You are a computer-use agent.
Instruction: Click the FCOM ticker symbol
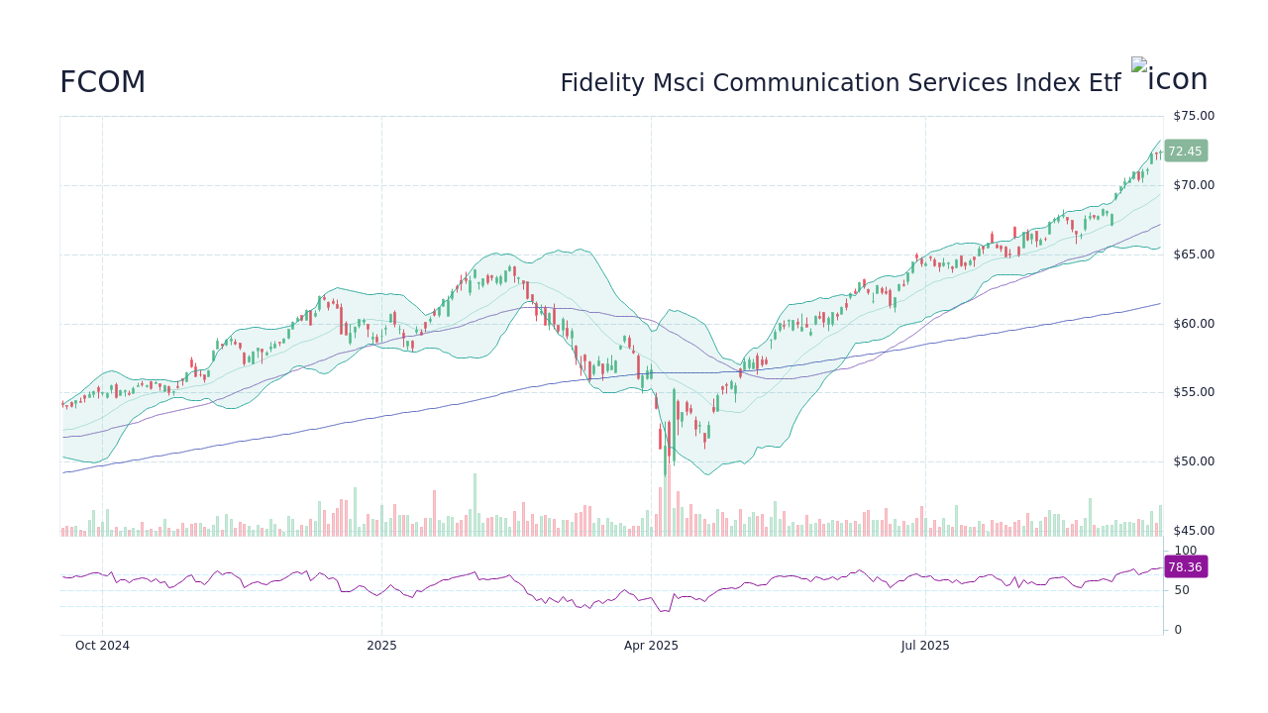pyautogui.click(x=102, y=83)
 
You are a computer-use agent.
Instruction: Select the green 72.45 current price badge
pyautogui.click(x=1185, y=152)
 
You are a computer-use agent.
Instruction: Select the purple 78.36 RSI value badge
pyautogui.click(x=1185, y=567)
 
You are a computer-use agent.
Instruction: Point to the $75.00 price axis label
pyautogui.click(x=1193, y=116)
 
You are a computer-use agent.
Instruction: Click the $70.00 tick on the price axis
pyautogui.click(x=1193, y=185)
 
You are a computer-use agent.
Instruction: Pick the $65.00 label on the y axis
pyautogui.click(x=1193, y=255)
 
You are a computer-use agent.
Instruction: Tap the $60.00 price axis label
pyautogui.click(x=1193, y=324)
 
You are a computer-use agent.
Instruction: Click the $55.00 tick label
pyautogui.click(x=1193, y=392)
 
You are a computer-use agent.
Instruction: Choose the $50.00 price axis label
pyautogui.click(x=1193, y=461)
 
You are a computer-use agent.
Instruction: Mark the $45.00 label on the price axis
pyautogui.click(x=1193, y=531)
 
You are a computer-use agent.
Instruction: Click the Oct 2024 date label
pyautogui.click(x=102, y=646)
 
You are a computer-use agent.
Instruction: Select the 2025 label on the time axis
pyautogui.click(x=381, y=646)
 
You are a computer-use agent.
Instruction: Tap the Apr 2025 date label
pyautogui.click(x=651, y=646)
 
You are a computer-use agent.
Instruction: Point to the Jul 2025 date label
pyautogui.click(x=925, y=646)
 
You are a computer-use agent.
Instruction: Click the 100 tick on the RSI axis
pyautogui.click(x=1185, y=551)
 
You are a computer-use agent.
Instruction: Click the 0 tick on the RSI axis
pyautogui.click(x=1177, y=630)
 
